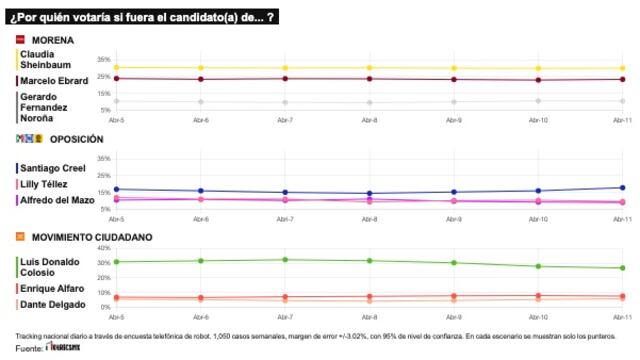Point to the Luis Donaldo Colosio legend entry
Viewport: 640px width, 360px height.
click(x=50, y=267)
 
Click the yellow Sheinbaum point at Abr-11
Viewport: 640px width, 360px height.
click(x=622, y=68)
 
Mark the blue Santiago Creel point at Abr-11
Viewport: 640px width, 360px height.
click(x=622, y=188)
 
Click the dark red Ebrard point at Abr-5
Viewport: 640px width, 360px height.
click(x=116, y=78)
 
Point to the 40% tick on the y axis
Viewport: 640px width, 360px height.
click(x=104, y=248)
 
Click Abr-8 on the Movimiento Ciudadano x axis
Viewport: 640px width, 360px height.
click(x=369, y=315)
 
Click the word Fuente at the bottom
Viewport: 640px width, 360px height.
click(x=28, y=348)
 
